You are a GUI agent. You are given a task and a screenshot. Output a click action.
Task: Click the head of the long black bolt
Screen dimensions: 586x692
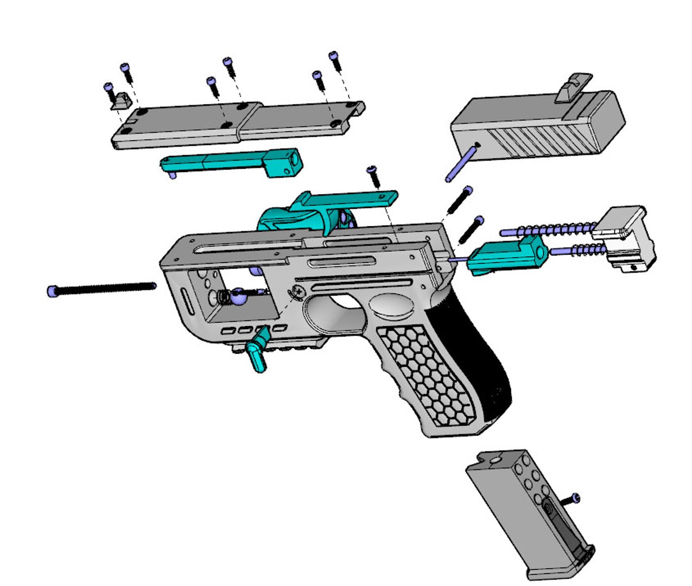pyautogui.click(x=52, y=292)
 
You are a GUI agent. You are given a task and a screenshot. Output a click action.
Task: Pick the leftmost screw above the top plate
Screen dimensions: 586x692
pyautogui.click(x=108, y=88)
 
